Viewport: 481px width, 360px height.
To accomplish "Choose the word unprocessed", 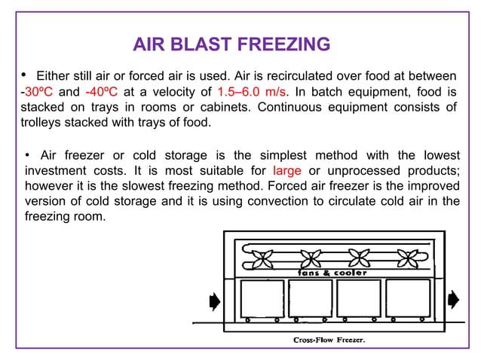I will pos(371,171).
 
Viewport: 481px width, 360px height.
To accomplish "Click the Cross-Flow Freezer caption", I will pos(329,340).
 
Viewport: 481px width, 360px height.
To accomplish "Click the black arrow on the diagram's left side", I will pos(214,301).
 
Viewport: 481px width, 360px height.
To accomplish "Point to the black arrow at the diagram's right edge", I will pos(453,301).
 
